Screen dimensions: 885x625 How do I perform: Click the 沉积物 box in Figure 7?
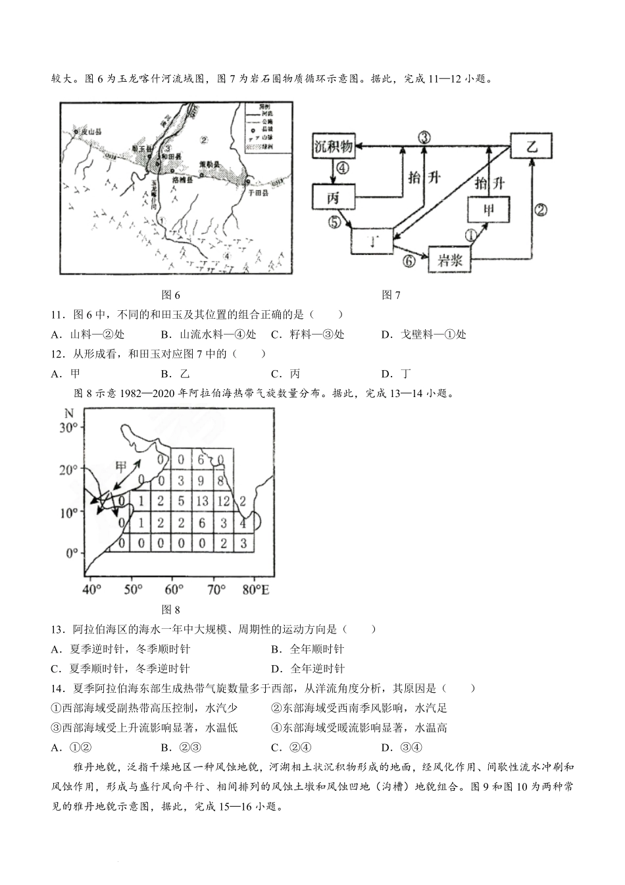tap(334, 146)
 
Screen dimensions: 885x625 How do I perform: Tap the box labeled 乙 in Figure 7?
tap(532, 146)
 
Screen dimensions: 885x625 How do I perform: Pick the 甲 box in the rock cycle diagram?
tap(488, 210)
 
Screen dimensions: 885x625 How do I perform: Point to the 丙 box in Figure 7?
tap(334, 197)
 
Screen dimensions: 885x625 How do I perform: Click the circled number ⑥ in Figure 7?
tap(409, 261)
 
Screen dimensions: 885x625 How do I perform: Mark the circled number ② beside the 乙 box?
tap(541, 210)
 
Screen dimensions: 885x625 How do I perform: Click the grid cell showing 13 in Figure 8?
tap(202, 502)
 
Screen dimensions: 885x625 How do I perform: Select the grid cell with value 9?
tap(202, 481)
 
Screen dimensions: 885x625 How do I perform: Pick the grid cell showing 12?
tap(223, 502)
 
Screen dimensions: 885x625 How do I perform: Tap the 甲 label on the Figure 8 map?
tap(123, 466)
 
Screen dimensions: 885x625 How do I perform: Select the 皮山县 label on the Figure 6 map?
tap(91, 132)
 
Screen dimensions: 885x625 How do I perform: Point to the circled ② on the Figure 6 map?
tap(204, 140)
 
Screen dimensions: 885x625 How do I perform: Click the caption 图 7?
tap(391, 295)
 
